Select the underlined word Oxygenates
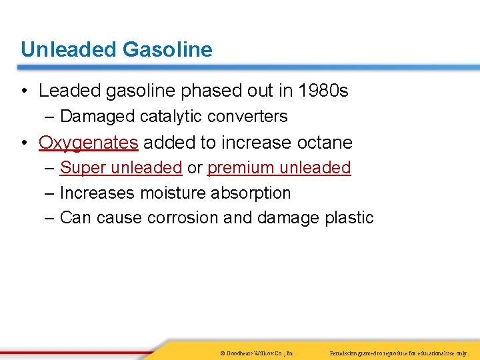coord(88,143)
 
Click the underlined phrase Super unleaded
coord(121,168)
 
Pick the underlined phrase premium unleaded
coord(279,168)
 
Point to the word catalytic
coord(171,117)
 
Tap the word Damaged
coord(97,117)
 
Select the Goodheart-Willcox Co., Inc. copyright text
coord(257,352)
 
